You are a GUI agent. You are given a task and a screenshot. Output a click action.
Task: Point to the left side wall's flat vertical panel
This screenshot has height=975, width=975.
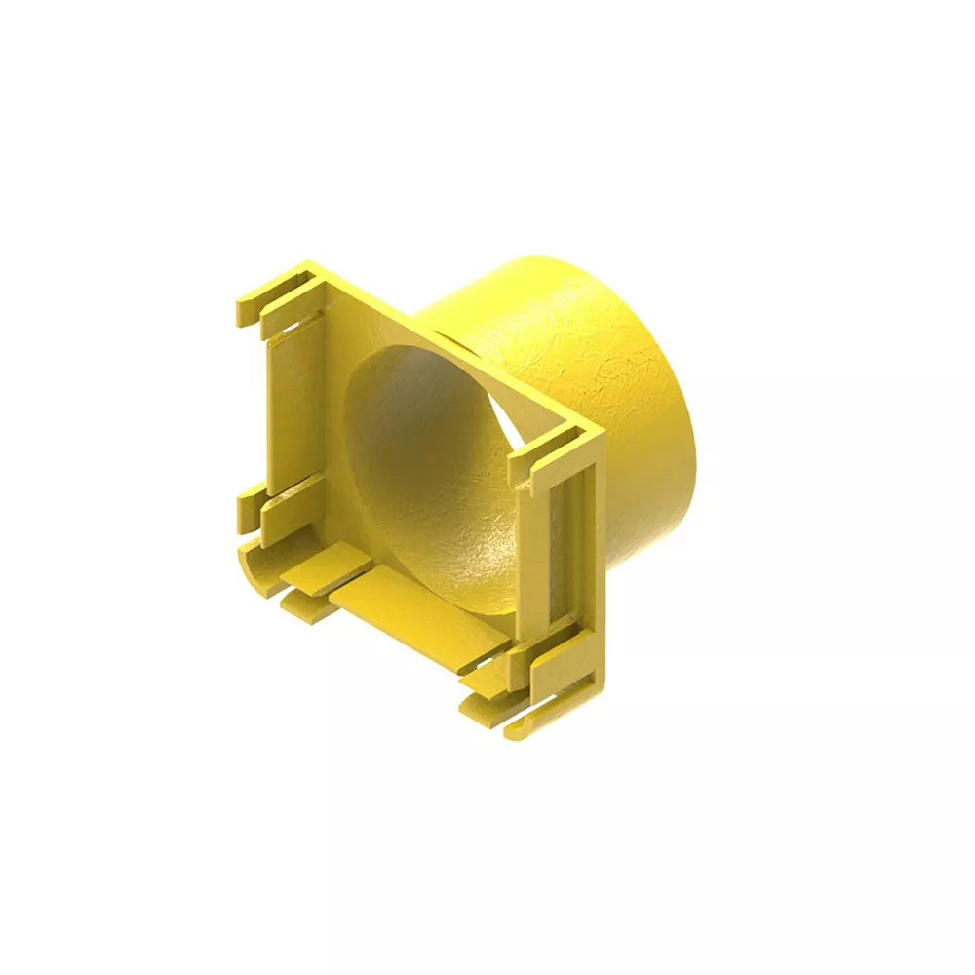(x=292, y=409)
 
